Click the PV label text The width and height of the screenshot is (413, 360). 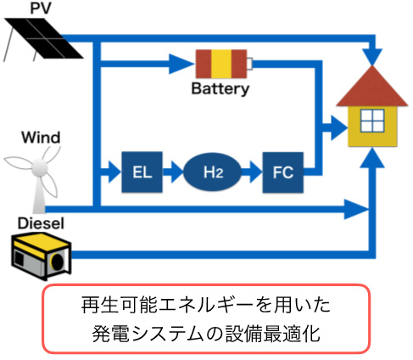pyautogui.click(x=41, y=8)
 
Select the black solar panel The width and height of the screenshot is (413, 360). pyautogui.click(x=44, y=38)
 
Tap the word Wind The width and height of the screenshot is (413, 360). pyautogui.click(x=41, y=138)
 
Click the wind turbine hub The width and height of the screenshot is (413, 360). pyautogui.click(x=39, y=167)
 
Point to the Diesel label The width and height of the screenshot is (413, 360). pyautogui.click(x=41, y=223)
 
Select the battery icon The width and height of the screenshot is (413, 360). pyautogui.click(x=224, y=64)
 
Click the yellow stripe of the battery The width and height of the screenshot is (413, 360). pyautogui.click(x=221, y=64)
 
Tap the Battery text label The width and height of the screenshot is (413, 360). pyautogui.click(x=220, y=89)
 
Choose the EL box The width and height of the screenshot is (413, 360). pyautogui.click(x=142, y=172)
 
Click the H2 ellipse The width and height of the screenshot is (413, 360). pyautogui.click(x=213, y=172)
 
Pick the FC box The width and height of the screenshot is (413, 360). pyautogui.click(x=283, y=172)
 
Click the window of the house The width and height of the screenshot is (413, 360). pyautogui.click(x=372, y=121)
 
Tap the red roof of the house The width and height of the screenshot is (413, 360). pyautogui.click(x=372, y=87)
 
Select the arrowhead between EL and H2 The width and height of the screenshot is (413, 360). pyautogui.click(x=176, y=172)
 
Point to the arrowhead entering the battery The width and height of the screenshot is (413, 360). pyautogui.click(x=181, y=64)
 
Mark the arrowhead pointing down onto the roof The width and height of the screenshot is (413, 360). pyautogui.click(x=372, y=57)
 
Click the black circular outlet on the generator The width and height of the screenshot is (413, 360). pyautogui.click(x=58, y=261)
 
